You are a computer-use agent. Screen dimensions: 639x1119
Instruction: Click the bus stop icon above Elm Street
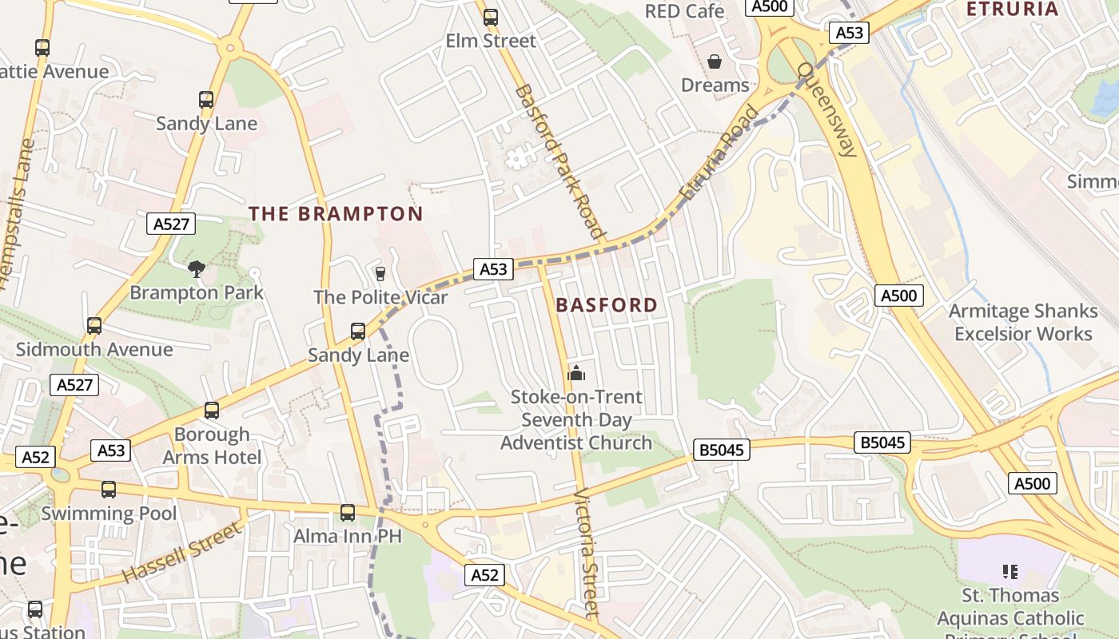pyautogui.click(x=491, y=17)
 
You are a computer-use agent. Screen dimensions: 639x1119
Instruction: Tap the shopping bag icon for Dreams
pyautogui.click(x=715, y=62)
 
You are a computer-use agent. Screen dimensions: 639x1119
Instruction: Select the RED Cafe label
pyautogui.click(x=684, y=11)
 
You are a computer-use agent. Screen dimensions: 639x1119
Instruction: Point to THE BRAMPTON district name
pyautogui.click(x=336, y=214)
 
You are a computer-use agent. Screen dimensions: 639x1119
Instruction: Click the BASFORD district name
pyautogui.click(x=607, y=305)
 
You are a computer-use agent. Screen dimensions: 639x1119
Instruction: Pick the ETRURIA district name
pyautogui.click(x=1012, y=10)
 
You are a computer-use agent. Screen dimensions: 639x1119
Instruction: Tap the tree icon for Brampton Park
pyautogui.click(x=196, y=269)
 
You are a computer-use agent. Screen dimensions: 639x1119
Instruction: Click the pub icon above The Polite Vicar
pyautogui.click(x=380, y=273)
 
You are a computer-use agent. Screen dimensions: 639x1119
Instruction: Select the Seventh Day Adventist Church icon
pyautogui.click(x=575, y=373)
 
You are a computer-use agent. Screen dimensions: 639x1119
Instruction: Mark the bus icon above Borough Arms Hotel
pyautogui.click(x=212, y=411)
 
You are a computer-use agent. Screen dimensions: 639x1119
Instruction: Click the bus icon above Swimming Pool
pyautogui.click(x=109, y=489)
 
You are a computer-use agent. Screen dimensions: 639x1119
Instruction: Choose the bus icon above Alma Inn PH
pyautogui.click(x=348, y=513)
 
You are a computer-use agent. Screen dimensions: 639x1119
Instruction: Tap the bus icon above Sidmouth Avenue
pyautogui.click(x=94, y=326)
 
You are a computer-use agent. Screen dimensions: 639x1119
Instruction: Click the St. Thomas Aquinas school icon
pyautogui.click(x=1010, y=571)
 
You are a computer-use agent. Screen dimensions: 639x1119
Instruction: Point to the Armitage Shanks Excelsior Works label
pyautogui.click(x=1023, y=323)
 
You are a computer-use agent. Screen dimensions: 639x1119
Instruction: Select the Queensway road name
pyautogui.click(x=828, y=110)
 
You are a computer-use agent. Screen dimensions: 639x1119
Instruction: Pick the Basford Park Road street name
pyautogui.click(x=558, y=161)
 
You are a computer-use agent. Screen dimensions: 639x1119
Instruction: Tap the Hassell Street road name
pyautogui.click(x=181, y=552)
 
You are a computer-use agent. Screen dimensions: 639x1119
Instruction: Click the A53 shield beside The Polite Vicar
pyautogui.click(x=493, y=270)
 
